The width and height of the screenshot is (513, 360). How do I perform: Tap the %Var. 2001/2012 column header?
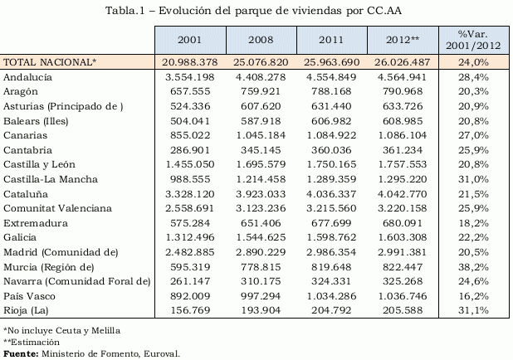click(474, 40)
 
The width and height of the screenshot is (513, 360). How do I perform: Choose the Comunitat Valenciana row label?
click(57, 208)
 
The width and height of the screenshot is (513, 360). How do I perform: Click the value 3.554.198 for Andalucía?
click(190, 76)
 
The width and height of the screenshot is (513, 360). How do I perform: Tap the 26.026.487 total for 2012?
click(404, 62)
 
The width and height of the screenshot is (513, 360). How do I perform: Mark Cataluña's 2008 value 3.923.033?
click(261, 193)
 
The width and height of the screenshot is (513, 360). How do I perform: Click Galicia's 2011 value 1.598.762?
click(333, 237)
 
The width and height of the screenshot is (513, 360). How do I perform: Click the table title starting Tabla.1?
click(255, 10)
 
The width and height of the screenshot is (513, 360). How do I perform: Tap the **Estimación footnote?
click(31, 341)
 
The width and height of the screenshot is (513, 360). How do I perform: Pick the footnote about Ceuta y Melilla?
click(61, 330)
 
